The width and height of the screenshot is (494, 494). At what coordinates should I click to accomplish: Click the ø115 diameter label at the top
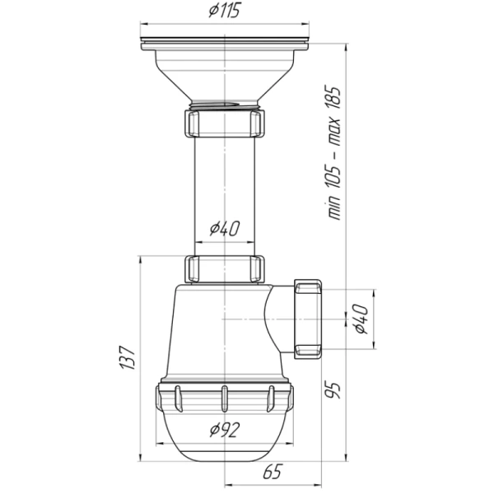[225, 10]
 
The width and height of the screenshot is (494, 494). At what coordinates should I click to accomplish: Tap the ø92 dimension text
[225, 430]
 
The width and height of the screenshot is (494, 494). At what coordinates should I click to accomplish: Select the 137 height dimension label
[128, 357]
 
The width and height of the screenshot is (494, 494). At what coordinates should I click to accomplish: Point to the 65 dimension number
[273, 472]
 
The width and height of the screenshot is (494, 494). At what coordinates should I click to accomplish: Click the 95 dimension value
[333, 390]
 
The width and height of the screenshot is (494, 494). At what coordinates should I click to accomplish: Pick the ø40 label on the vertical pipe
[225, 229]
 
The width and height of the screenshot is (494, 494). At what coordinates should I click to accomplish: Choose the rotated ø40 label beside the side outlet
[361, 319]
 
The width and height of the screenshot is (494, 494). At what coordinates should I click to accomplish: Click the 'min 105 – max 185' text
[333, 152]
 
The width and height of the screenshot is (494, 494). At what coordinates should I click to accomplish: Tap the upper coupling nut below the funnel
[225, 123]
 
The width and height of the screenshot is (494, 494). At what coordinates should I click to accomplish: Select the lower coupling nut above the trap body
[225, 269]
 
